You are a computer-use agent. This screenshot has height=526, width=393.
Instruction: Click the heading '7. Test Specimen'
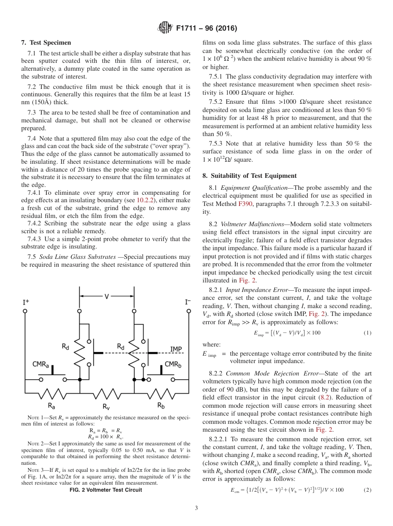coord(46,43)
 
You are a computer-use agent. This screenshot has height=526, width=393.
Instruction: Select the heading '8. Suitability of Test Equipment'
coord(249,176)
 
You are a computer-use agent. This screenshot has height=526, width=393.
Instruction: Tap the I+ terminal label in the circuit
coord(26,302)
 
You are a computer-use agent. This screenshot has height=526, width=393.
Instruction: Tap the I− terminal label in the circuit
coord(187,302)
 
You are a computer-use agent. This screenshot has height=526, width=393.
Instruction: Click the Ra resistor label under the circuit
coord(52,404)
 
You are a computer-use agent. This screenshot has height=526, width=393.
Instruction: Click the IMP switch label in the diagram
coord(176,349)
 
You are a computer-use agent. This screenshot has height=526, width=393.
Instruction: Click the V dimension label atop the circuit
coord(107,296)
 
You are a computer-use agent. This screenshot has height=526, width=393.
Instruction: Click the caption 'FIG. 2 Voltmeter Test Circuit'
coord(106,490)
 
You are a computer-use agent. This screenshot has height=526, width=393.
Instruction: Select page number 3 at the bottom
coord(196,508)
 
